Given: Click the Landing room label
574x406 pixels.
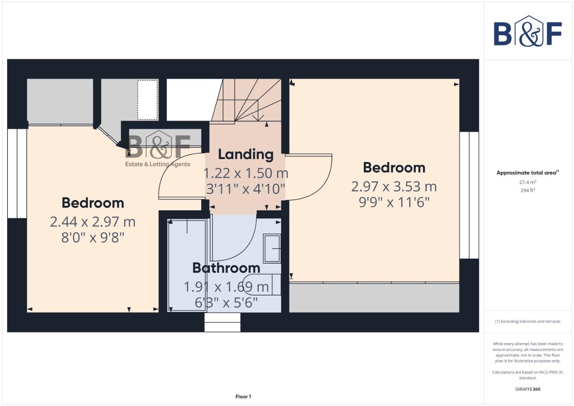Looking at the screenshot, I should click(x=245, y=154).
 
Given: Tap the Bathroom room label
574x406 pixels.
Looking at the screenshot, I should click(x=226, y=268).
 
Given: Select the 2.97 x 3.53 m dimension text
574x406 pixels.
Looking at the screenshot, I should click(x=394, y=186).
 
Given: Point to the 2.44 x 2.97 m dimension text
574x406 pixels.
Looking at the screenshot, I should click(x=92, y=222).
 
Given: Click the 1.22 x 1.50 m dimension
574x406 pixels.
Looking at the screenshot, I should click(x=245, y=173).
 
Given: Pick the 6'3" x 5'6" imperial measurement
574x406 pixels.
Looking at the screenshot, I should click(x=226, y=303).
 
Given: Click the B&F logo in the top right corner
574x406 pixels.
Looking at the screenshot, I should click(x=527, y=32).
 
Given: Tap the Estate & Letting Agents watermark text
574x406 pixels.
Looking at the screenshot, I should click(x=158, y=164).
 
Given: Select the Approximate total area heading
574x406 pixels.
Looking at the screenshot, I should click(x=526, y=173).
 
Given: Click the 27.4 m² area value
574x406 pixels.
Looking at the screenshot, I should click(x=527, y=182).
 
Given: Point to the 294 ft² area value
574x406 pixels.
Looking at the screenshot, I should click(x=527, y=191).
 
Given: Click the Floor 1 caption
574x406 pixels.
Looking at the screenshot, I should click(x=243, y=397).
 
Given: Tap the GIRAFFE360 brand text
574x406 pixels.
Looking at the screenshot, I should click(x=527, y=389).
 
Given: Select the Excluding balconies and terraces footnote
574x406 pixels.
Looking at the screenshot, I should click(x=527, y=321).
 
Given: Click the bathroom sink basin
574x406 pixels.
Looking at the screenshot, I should click(x=272, y=248).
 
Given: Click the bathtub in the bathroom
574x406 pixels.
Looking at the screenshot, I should click(x=187, y=265).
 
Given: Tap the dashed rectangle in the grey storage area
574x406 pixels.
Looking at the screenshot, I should click(x=147, y=100).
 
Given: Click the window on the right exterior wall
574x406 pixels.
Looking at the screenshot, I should click(x=469, y=195).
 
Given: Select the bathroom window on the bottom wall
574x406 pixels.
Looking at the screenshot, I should click(x=222, y=323).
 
